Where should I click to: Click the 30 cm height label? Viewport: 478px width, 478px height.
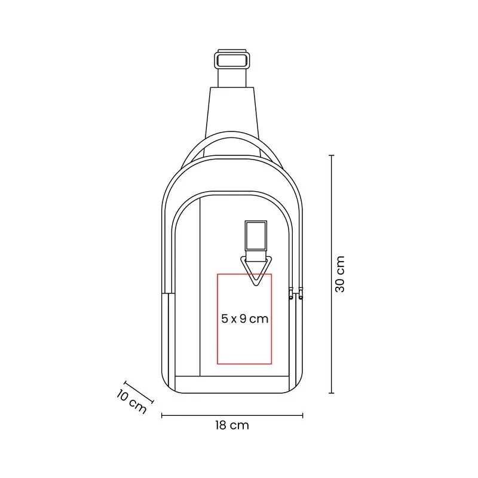340,274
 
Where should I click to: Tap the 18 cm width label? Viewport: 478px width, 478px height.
232,425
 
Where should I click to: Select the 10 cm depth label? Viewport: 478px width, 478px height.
131,402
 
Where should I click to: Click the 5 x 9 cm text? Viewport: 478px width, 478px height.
244,319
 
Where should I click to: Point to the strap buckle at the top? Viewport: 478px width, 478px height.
232,60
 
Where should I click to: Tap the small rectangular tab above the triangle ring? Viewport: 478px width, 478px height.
256,235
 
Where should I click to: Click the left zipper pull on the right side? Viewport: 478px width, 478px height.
291,293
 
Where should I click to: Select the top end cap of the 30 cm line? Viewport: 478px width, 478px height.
332,155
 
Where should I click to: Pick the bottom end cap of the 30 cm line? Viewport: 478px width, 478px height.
332,393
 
